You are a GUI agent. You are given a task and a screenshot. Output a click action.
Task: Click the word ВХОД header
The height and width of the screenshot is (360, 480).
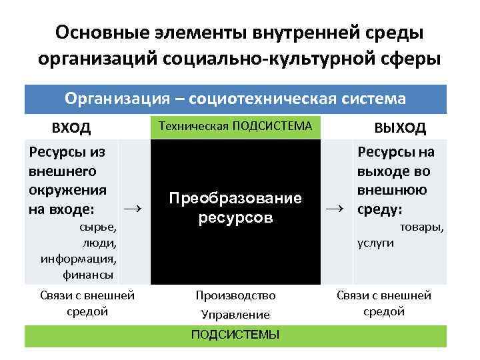tap(71, 127)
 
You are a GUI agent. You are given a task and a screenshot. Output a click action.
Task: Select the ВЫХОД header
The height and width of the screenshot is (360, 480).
tap(400, 127)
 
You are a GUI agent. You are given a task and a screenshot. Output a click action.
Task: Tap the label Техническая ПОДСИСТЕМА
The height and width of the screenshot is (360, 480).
tap(235, 125)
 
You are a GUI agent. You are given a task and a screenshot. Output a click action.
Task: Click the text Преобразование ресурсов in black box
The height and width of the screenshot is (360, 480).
tap(235, 208)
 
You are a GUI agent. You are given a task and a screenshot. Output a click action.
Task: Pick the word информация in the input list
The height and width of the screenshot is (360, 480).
tap(79, 258)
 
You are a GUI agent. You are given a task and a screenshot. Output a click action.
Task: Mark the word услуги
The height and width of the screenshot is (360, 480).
tap(376, 243)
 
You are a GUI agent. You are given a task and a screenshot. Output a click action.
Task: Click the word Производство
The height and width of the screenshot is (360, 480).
tap(235, 295)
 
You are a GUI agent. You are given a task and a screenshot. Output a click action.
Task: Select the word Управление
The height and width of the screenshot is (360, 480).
tap(235, 314)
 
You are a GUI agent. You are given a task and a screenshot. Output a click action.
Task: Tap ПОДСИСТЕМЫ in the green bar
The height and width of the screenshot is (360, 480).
tap(235, 335)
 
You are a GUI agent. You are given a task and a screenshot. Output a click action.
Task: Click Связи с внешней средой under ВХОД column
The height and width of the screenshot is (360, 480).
tap(88, 303)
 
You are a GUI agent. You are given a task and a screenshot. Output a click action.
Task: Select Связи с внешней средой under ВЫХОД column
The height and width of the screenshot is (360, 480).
tap(384, 303)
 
